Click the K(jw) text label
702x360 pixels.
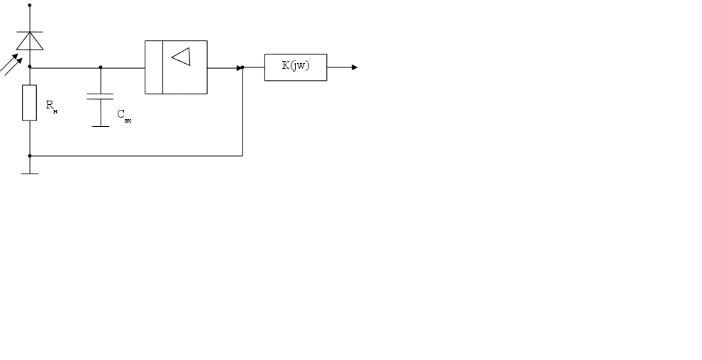click(296, 66)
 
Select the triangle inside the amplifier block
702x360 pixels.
click(182, 56)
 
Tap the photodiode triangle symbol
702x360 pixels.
click(30, 42)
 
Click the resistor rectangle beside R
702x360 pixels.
click(29, 103)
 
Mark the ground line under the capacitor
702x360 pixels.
click(101, 126)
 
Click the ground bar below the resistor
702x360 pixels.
click(30, 173)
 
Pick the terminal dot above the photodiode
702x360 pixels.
click(30, 5)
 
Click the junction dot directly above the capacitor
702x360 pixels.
click(101, 67)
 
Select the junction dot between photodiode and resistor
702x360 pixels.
click(30, 67)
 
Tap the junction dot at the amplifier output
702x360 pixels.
click(243, 67)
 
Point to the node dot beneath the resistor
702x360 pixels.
click(30, 155)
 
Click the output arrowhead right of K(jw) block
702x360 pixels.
click(354, 67)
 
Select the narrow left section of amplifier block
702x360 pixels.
click(154, 67)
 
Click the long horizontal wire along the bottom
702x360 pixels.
click(135, 155)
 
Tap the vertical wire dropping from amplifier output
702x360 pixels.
click(243, 113)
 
